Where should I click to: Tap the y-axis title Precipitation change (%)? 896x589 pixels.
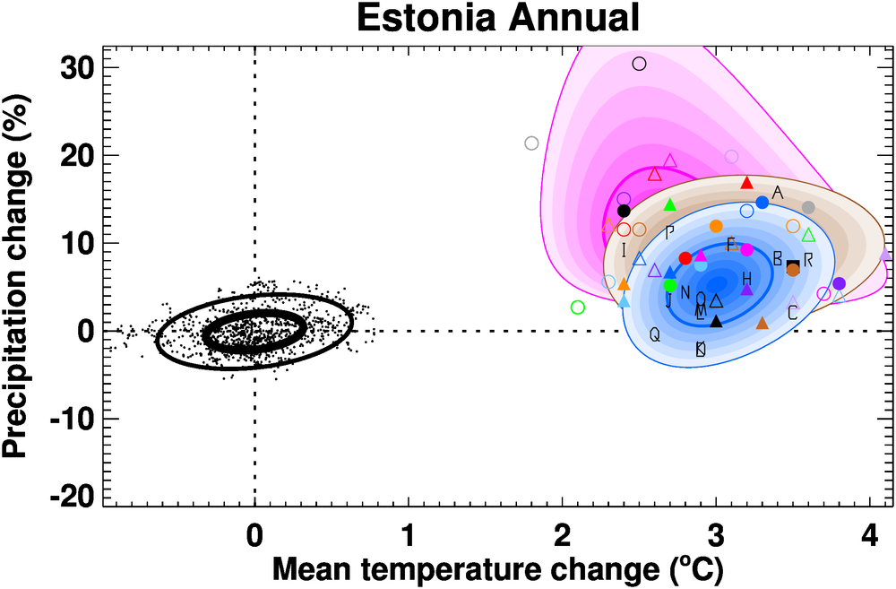tap(24, 274)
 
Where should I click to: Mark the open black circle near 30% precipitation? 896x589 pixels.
tap(639, 64)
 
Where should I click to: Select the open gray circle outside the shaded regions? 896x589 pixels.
tap(531, 143)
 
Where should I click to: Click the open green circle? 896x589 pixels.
tap(577, 307)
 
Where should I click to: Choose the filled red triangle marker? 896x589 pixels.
tap(747, 183)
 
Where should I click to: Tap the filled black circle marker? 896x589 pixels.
tap(625, 211)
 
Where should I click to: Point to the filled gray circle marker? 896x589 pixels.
tap(808, 207)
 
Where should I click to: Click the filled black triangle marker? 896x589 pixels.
tap(716, 321)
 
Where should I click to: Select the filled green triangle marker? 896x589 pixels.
tap(669, 204)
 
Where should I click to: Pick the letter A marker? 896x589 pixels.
tap(778, 193)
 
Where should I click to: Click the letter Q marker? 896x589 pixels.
tap(654, 334)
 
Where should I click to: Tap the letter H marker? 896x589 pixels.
tap(747, 279)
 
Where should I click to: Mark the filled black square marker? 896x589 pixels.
tap(792, 265)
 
